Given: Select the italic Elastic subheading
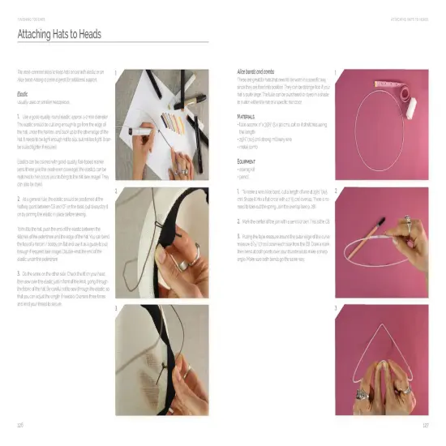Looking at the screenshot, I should pyautogui.click(x=23, y=95).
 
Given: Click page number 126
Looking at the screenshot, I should pyautogui.click(x=20, y=424).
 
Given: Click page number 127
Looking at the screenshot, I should pyautogui.click(x=425, y=424).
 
